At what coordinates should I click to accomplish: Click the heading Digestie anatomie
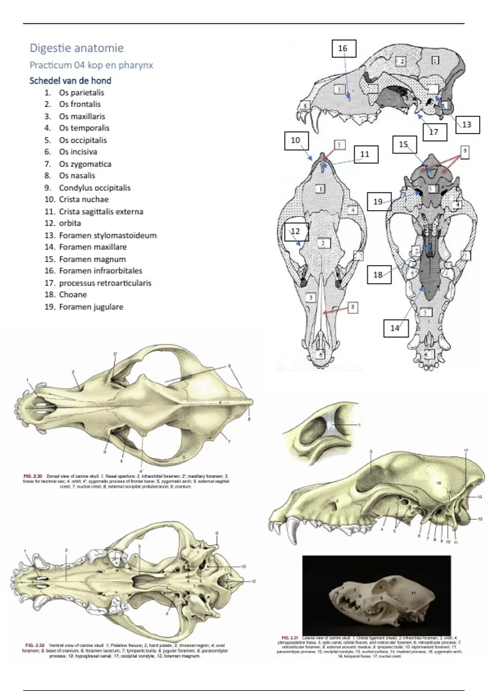(x=76, y=48)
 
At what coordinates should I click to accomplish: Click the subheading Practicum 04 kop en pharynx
(x=91, y=65)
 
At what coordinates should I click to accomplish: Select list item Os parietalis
(x=81, y=93)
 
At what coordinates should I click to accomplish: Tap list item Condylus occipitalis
(x=94, y=188)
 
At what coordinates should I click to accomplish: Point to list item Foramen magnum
(x=92, y=259)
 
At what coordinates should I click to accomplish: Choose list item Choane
(x=73, y=295)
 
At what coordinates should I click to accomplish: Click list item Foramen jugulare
(x=91, y=307)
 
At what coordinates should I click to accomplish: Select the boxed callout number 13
(x=466, y=124)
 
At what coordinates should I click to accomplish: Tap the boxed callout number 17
(x=434, y=132)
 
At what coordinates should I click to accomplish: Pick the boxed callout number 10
(x=296, y=140)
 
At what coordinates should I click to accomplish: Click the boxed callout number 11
(x=365, y=154)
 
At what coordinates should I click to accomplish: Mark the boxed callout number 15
(x=404, y=145)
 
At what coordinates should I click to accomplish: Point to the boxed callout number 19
(x=378, y=201)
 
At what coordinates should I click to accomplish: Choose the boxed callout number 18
(x=378, y=274)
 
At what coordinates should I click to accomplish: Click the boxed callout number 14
(x=395, y=328)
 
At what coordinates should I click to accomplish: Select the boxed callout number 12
(x=296, y=231)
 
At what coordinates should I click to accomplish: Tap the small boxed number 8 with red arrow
(x=353, y=307)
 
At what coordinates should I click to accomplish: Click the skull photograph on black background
(x=377, y=595)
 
